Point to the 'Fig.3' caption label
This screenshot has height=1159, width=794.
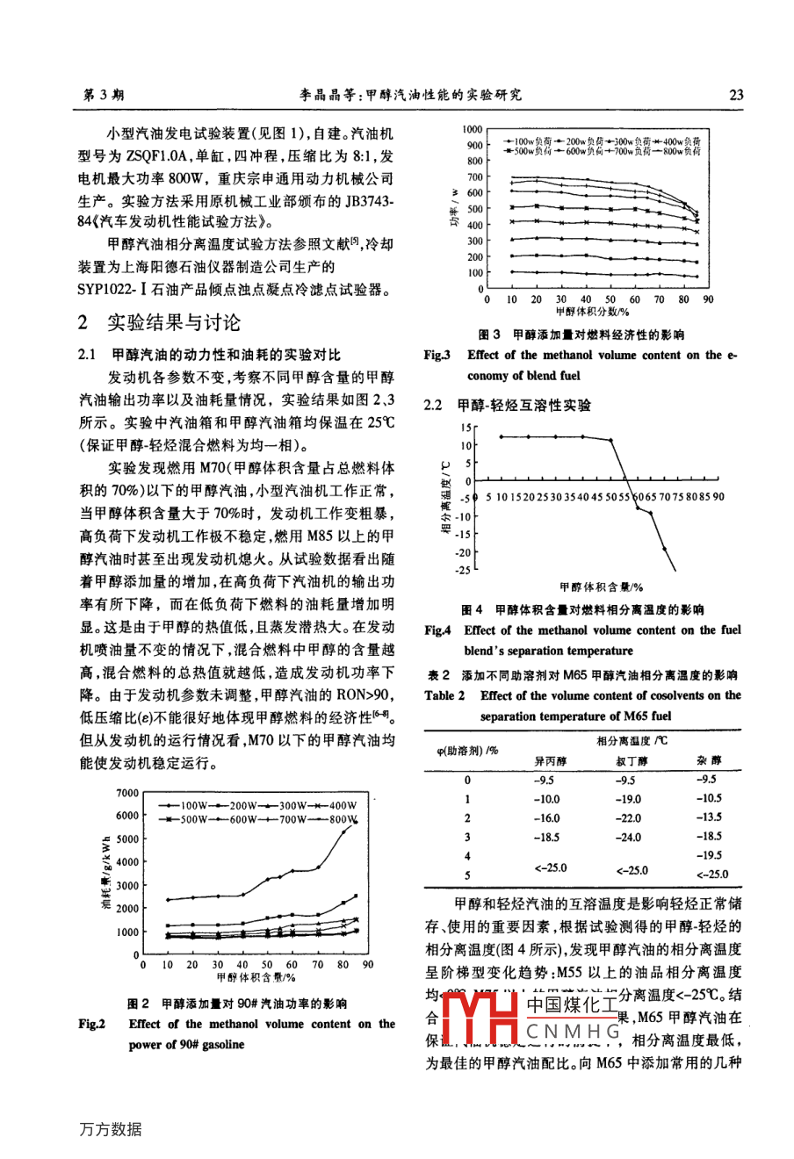pyautogui.click(x=437, y=356)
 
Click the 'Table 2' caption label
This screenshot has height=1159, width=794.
pyautogui.click(x=446, y=695)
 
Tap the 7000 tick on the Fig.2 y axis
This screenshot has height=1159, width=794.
pyautogui.click(x=127, y=793)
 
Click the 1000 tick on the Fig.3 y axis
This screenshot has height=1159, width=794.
pyautogui.click(x=473, y=130)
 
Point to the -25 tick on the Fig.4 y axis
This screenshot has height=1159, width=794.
pyautogui.click(x=463, y=570)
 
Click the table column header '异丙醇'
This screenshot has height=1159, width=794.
pyautogui.click(x=550, y=761)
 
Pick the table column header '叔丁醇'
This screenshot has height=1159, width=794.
pyautogui.click(x=631, y=761)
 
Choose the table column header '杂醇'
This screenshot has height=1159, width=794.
pyautogui.click(x=709, y=760)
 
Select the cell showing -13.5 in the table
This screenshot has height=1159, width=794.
pyautogui.click(x=708, y=817)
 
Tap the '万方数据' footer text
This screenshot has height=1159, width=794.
pyautogui.click(x=111, y=1129)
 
